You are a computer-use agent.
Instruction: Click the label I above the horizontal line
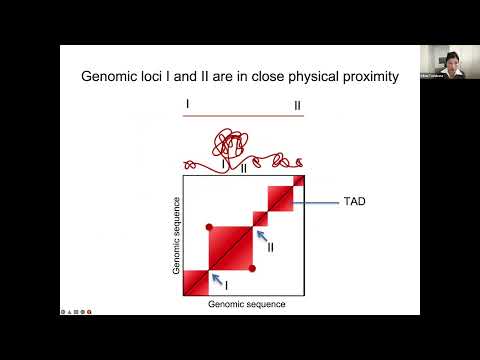(187, 103)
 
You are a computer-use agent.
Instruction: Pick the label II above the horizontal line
(296, 104)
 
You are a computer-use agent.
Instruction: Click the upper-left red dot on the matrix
(209, 226)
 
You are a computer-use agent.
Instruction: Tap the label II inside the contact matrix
(270, 246)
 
